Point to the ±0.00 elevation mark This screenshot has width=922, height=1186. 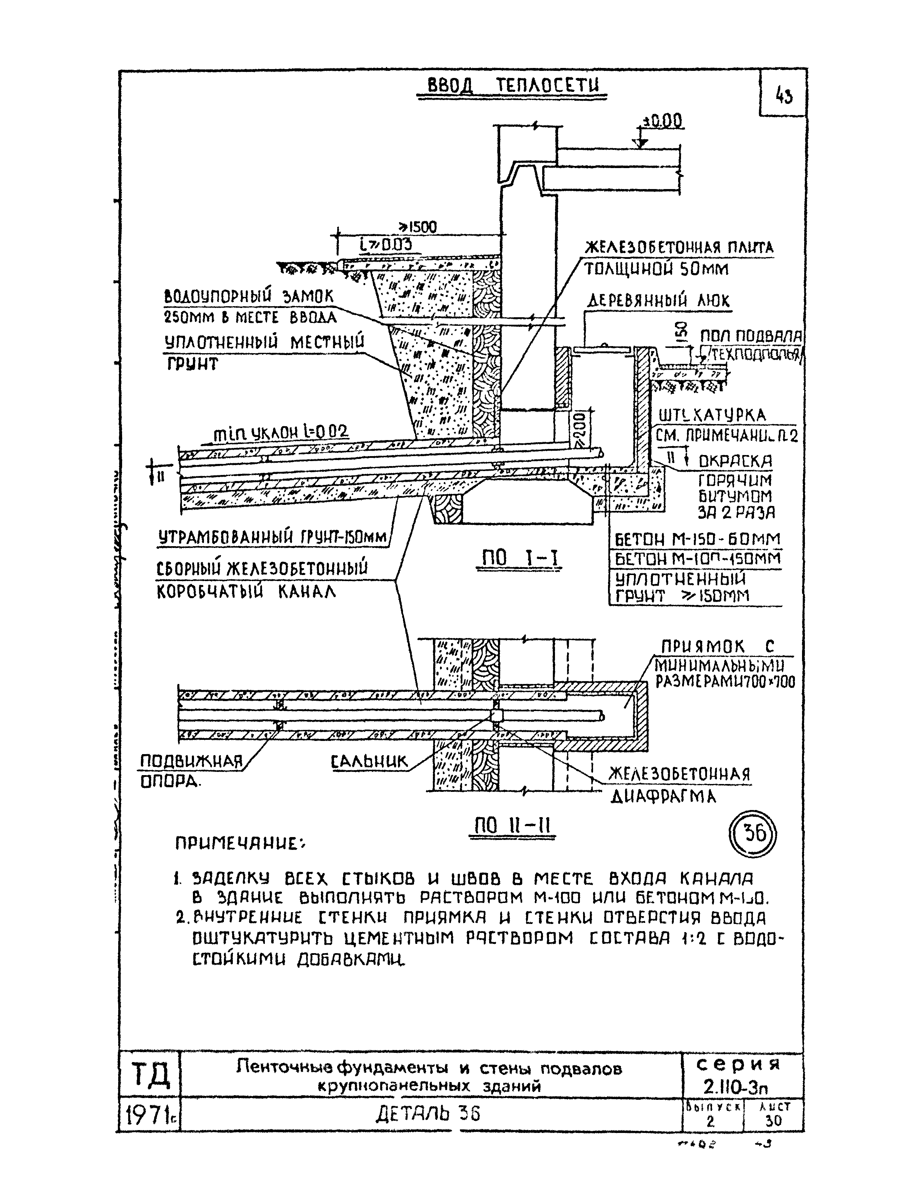tap(662, 122)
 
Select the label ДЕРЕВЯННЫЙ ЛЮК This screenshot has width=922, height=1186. tap(659, 301)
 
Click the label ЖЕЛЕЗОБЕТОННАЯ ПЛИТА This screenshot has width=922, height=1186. tap(679, 248)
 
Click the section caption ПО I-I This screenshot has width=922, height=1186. tap(519, 559)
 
